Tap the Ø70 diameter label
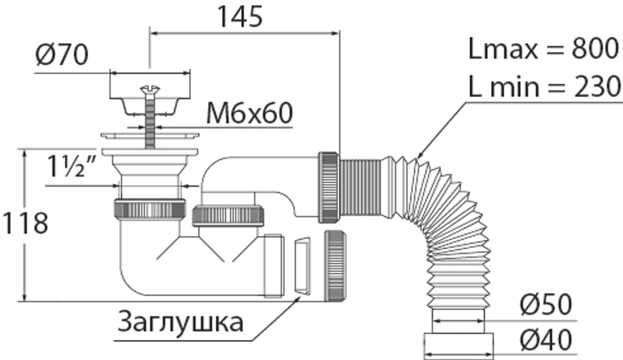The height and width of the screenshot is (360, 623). pyautogui.click(x=62, y=57)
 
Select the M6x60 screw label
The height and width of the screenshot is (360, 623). pyautogui.click(x=249, y=113)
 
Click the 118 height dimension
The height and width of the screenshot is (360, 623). pyautogui.click(x=24, y=224)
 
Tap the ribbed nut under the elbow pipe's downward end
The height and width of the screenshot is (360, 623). pyautogui.click(x=229, y=216)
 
